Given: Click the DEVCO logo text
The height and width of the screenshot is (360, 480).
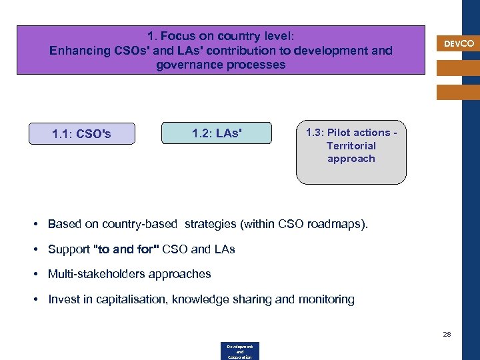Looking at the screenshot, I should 459,43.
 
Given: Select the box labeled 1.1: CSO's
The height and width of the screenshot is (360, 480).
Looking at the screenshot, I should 81,134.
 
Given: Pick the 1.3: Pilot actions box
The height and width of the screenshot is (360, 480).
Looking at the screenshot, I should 351,152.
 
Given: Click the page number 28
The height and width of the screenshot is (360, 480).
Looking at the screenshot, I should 447,334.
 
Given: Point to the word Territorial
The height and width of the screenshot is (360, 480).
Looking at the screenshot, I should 351,145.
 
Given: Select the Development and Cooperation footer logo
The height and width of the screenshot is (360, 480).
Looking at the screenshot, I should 239,351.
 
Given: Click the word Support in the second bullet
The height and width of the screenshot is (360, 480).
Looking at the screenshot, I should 69,249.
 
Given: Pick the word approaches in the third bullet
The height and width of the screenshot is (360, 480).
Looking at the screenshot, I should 182,274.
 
